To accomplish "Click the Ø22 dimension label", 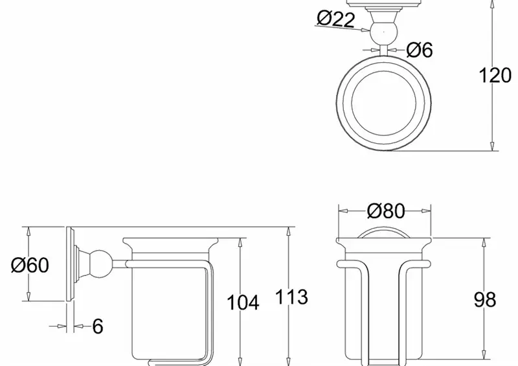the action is pos(335,19).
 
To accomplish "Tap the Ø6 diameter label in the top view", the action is pos(419,50).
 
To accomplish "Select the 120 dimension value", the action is pos(495,75).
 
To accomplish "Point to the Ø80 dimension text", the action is pos(385,211).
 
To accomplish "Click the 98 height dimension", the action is pos(485,299).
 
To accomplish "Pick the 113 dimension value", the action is pos(291,297).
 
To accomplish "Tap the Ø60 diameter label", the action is pos(30,265).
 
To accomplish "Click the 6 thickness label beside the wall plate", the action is pos(98,326).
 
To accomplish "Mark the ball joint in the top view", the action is pos(383,32).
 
